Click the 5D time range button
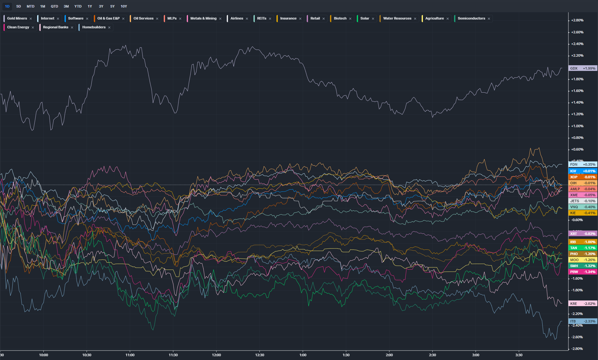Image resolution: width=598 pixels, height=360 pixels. tap(19, 6)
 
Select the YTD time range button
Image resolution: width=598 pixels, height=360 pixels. tap(78, 6)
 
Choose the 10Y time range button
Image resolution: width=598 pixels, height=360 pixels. tap(124, 6)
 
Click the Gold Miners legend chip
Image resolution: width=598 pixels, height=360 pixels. tap(17, 19)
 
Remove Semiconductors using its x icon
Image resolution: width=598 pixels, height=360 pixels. tap(489, 19)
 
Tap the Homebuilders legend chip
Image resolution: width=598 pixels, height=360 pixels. tap(94, 27)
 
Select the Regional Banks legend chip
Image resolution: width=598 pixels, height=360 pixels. tap(55, 27)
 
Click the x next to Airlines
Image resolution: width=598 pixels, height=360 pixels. tap(247, 19)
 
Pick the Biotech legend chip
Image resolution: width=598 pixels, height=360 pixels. tap(340, 19)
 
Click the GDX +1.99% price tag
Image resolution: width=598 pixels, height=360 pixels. tap(583, 68)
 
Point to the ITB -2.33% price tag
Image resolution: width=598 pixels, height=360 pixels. tap(583, 321)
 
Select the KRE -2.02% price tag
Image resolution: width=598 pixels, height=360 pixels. tap(583, 304)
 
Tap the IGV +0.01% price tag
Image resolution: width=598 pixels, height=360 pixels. tap(583, 171)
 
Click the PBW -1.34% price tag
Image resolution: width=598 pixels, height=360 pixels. tap(583, 272)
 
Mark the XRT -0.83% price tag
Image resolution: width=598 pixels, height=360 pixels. tap(583, 234)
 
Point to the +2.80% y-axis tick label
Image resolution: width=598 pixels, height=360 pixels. tap(577, 20)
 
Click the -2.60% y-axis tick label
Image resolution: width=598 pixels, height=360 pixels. tap(577, 337)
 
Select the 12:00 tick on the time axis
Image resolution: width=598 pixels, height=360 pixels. tap(216, 355)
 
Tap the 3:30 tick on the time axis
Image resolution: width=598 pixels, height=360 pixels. tap(519, 355)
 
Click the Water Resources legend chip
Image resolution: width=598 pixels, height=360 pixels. tap(397, 19)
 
